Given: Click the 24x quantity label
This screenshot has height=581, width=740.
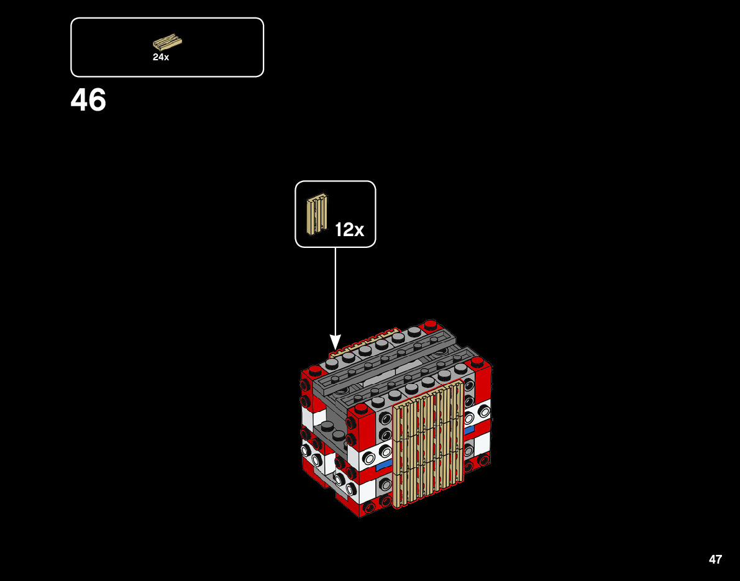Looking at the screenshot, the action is tap(161, 57).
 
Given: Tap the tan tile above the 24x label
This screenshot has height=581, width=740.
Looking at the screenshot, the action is tap(167, 42).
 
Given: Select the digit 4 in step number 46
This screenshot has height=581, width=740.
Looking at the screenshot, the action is tap(80, 100).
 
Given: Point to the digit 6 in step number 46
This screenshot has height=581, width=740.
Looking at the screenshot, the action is tap(97, 100).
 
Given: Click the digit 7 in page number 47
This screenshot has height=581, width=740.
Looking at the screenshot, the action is tap(719, 559).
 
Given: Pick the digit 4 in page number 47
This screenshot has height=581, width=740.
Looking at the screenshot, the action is tap(712, 559).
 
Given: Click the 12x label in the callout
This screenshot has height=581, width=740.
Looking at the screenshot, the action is tap(349, 230).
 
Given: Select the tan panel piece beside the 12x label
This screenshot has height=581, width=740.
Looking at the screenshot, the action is tap(316, 214).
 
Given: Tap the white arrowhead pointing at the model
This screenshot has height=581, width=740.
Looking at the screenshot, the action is tap(335, 342).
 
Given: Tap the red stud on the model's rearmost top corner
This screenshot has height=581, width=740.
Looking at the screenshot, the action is tap(430, 324).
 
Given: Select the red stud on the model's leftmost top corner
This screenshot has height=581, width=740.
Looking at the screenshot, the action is tap(315, 369).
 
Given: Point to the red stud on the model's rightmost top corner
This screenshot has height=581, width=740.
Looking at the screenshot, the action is tap(477, 360).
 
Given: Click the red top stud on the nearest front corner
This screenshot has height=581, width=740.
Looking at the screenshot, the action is tap(361, 408).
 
